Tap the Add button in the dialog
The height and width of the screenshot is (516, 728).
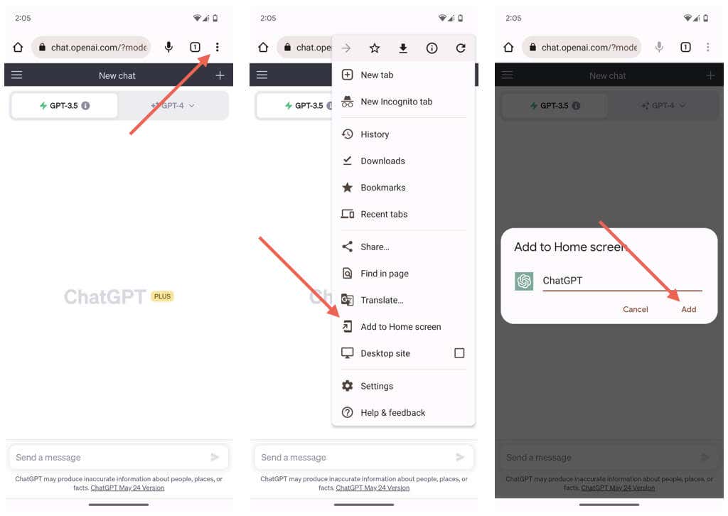[688, 309]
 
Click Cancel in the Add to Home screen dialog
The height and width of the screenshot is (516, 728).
[635, 309]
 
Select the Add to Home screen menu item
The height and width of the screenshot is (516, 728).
[401, 327]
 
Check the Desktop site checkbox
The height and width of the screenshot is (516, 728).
[459, 353]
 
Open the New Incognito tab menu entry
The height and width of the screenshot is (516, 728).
[396, 102]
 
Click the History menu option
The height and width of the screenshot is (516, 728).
[375, 134]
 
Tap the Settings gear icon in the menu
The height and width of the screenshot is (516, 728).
[347, 386]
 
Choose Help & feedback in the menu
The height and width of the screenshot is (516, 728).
[392, 412]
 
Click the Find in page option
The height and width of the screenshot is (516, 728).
[385, 274]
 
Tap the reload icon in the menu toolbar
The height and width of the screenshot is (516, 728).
[461, 48]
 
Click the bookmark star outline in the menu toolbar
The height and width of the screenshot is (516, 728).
[375, 48]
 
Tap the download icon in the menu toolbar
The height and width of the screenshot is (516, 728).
[403, 48]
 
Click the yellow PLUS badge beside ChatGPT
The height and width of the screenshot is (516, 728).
[162, 296]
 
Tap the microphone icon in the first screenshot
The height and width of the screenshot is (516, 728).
[169, 47]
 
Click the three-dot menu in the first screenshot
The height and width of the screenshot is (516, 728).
[217, 47]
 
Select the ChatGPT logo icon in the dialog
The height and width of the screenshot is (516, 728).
[524, 281]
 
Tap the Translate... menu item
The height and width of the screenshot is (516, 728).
[382, 300]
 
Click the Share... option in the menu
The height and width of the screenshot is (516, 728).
[375, 247]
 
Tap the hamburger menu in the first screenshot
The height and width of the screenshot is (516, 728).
[17, 75]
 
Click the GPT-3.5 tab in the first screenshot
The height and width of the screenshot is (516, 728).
[64, 106]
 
